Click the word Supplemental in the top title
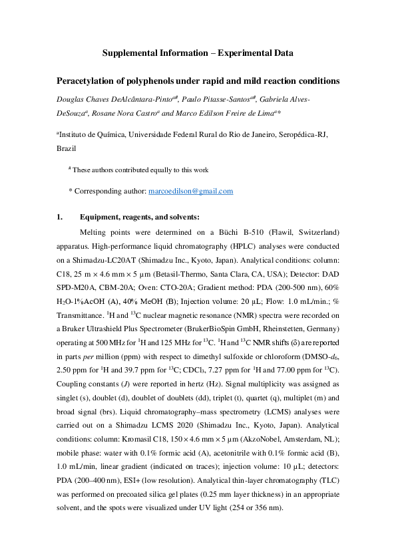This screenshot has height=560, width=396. point(134,53)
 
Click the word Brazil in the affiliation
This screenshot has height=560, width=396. point(67,146)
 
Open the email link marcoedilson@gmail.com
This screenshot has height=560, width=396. point(190,191)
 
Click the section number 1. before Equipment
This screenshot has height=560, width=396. point(59,217)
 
